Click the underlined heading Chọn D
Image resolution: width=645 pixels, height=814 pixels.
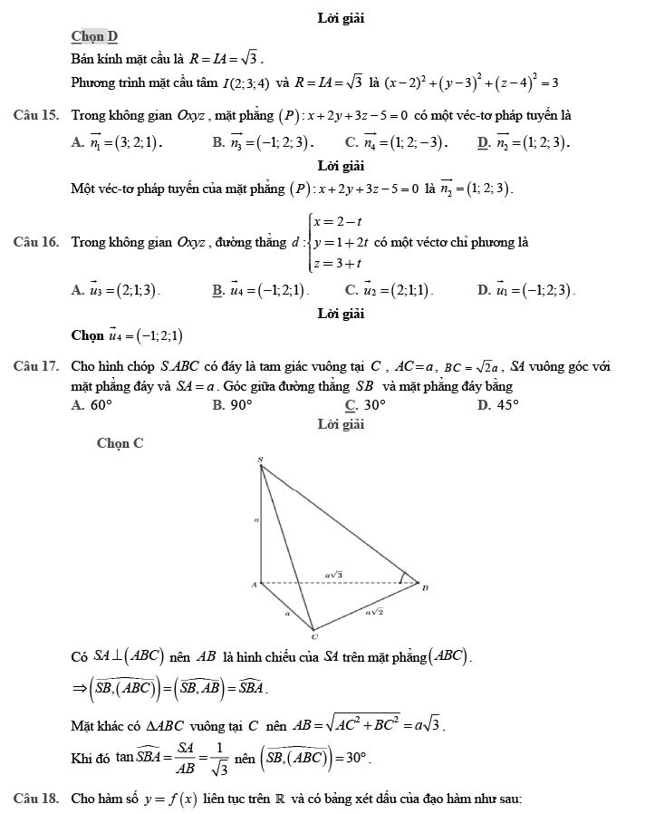point(95,36)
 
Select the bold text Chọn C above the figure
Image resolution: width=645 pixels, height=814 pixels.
point(120,443)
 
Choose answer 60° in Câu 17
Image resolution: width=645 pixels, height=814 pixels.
point(99,405)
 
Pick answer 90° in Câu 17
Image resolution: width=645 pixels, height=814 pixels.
point(240,405)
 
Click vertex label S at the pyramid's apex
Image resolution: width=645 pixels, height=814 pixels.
point(261,460)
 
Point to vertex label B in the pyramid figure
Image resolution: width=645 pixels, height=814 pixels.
point(425,587)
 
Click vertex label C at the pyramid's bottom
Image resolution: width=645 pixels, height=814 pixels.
point(313,637)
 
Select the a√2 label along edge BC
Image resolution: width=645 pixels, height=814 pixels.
point(374,613)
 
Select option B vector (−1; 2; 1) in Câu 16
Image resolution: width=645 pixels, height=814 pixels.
point(269,290)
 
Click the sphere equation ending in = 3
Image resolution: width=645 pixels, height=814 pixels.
point(471,83)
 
